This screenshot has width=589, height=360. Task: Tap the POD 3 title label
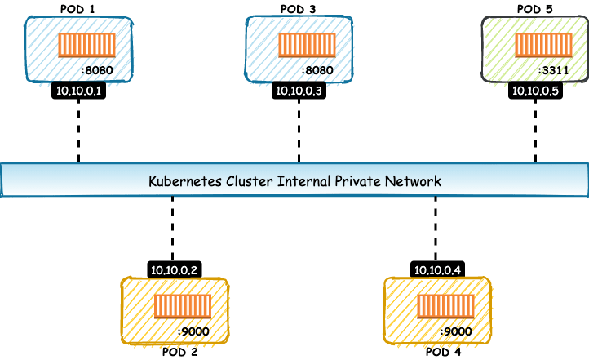tap(299, 9)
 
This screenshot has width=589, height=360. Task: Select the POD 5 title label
tap(535, 9)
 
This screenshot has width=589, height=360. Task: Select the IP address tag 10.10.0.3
tap(299, 91)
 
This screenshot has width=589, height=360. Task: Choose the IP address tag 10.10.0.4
tap(439, 269)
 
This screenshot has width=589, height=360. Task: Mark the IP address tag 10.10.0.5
tap(535, 91)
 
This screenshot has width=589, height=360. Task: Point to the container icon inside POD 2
tap(183, 305)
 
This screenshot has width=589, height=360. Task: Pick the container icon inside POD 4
tap(445, 305)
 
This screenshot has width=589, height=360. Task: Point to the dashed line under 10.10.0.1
tap(80, 131)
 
